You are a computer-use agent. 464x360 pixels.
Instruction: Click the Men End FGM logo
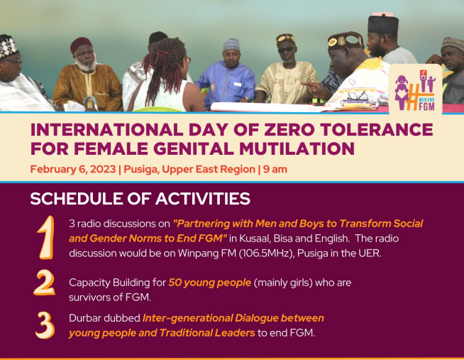pyautogui.click(x=415, y=89)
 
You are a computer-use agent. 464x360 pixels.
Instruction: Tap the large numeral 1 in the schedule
pyautogui.click(x=46, y=237)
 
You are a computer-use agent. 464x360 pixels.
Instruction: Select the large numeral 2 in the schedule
pyautogui.click(x=45, y=283)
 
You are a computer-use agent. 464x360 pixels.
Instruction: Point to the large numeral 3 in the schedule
pyautogui.click(x=45, y=325)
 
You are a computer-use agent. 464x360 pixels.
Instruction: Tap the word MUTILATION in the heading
pyautogui.click(x=297, y=148)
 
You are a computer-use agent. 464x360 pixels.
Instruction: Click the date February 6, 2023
pyautogui.click(x=73, y=169)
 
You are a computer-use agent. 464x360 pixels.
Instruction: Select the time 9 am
pyautogui.click(x=275, y=169)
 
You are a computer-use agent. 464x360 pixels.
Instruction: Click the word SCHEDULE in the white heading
pyautogui.click(x=77, y=199)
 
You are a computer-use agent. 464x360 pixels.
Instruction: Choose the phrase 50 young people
pyautogui.click(x=210, y=283)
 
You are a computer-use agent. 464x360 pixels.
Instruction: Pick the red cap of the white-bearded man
pyautogui.click(x=81, y=44)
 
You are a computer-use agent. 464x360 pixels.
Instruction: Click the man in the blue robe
pyautogui.click(x=226, y=76)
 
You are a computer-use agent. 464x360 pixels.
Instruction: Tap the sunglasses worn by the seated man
pyautogui.click(x=286, y=50)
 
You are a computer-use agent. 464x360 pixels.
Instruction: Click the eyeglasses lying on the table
pyautogui.click(x=357, y=97)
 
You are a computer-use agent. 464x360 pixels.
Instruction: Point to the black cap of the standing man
pyautogui.click(x=383, y=24)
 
